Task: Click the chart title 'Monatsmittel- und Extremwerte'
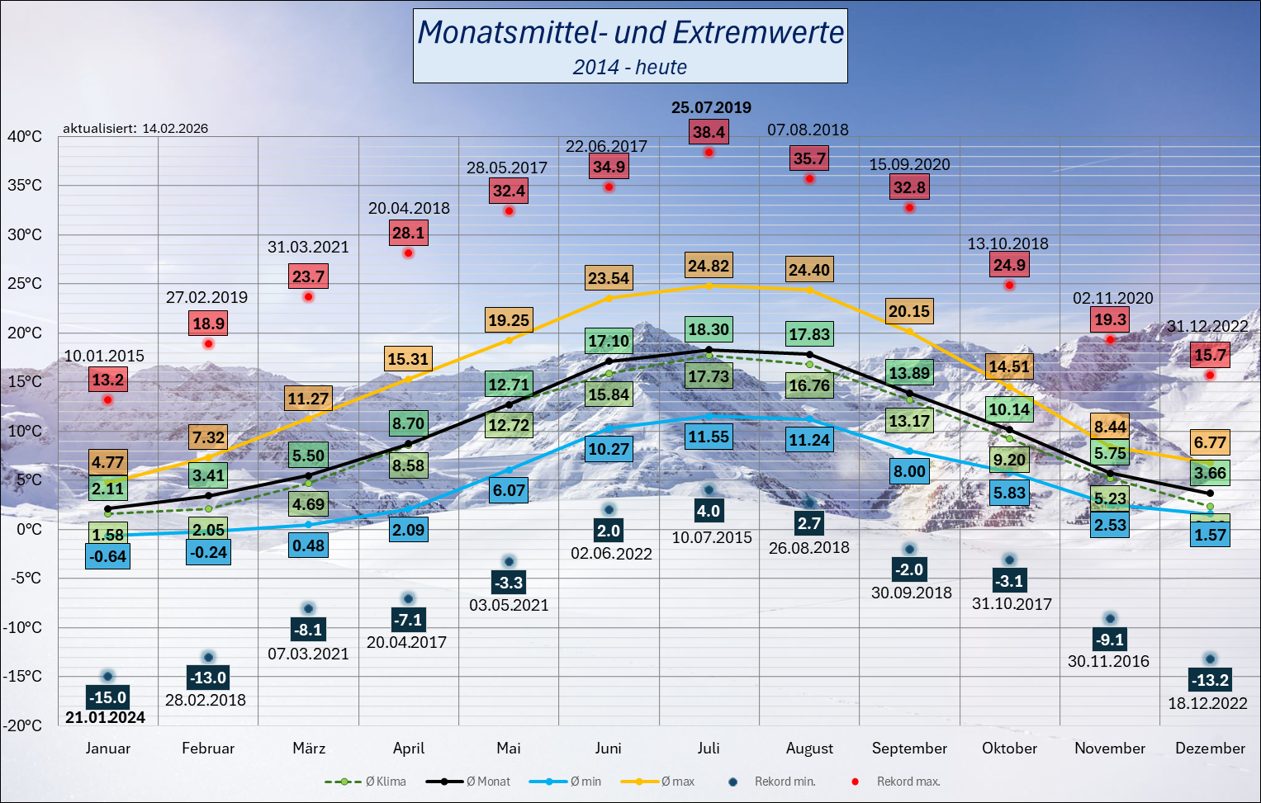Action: click(x=630, y=33)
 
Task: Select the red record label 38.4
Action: click(x=709, y=132)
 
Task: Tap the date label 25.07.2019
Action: click(x=711, y=107)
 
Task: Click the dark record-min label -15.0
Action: click(x=107, y=697)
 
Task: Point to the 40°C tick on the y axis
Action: click(x=25, y=137)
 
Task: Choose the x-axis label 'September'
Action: click(x=909, y=749)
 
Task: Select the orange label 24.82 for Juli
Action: click(x=709, y=266)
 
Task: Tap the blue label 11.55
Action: click(x=709, y=437)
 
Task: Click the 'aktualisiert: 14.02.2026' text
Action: click(x=135, y=129)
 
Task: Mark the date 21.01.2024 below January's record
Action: click(x=105, y=718)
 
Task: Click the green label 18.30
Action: click(x=709, y=329)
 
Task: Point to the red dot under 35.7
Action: click(x=809, y=178)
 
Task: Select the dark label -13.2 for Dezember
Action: click(x=1210, y=680)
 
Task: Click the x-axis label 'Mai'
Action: click(x=509, y=749)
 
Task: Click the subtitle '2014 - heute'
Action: click(x=630, y=68)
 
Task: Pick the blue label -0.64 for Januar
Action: click(x=107, y=556)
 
